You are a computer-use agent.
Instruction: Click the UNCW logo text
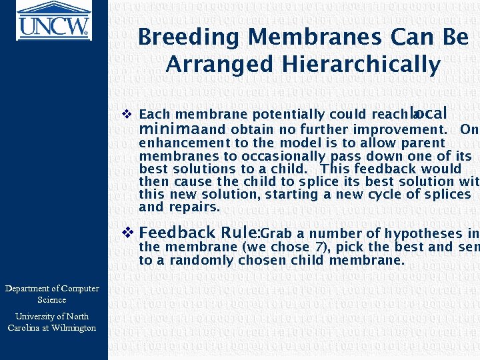53,27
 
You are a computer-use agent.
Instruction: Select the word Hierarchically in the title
361,65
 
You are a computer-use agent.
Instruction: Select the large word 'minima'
169,129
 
